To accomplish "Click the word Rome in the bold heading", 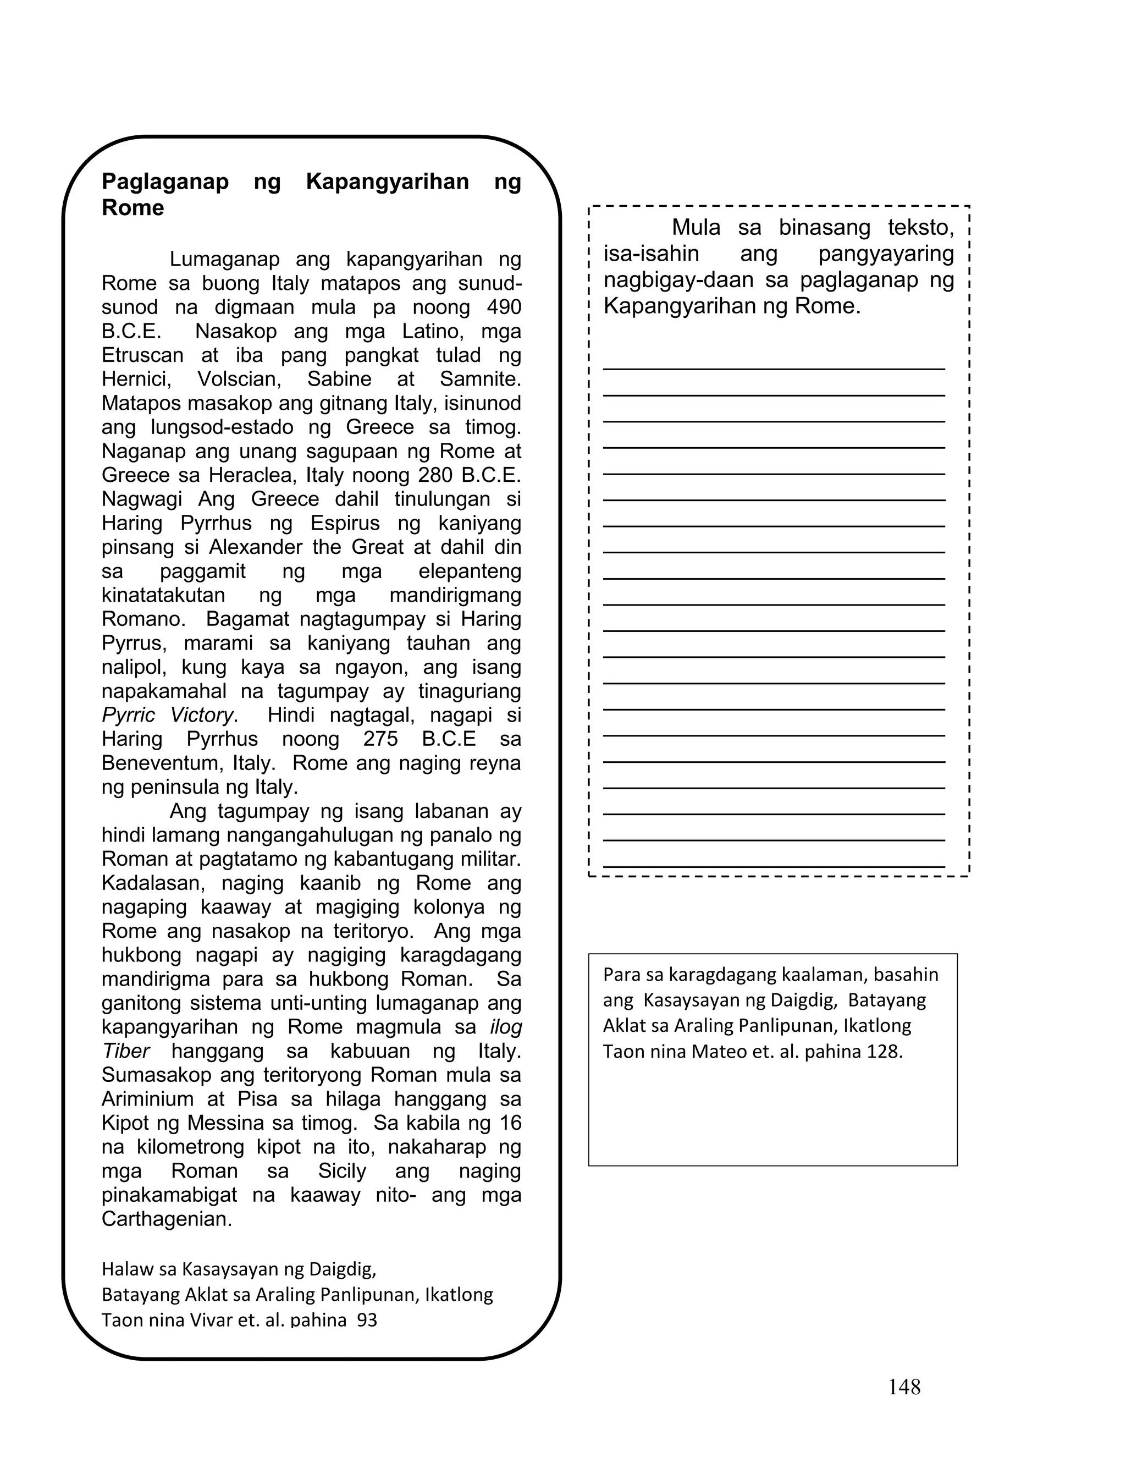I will [133, 208].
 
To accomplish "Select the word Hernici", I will [136, 380].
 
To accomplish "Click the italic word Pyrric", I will [128, 715].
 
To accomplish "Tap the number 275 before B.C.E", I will [380, 739].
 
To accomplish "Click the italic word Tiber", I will [125, 1051].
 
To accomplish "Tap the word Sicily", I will [342, 1170].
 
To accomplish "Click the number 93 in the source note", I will [367, 1321].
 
